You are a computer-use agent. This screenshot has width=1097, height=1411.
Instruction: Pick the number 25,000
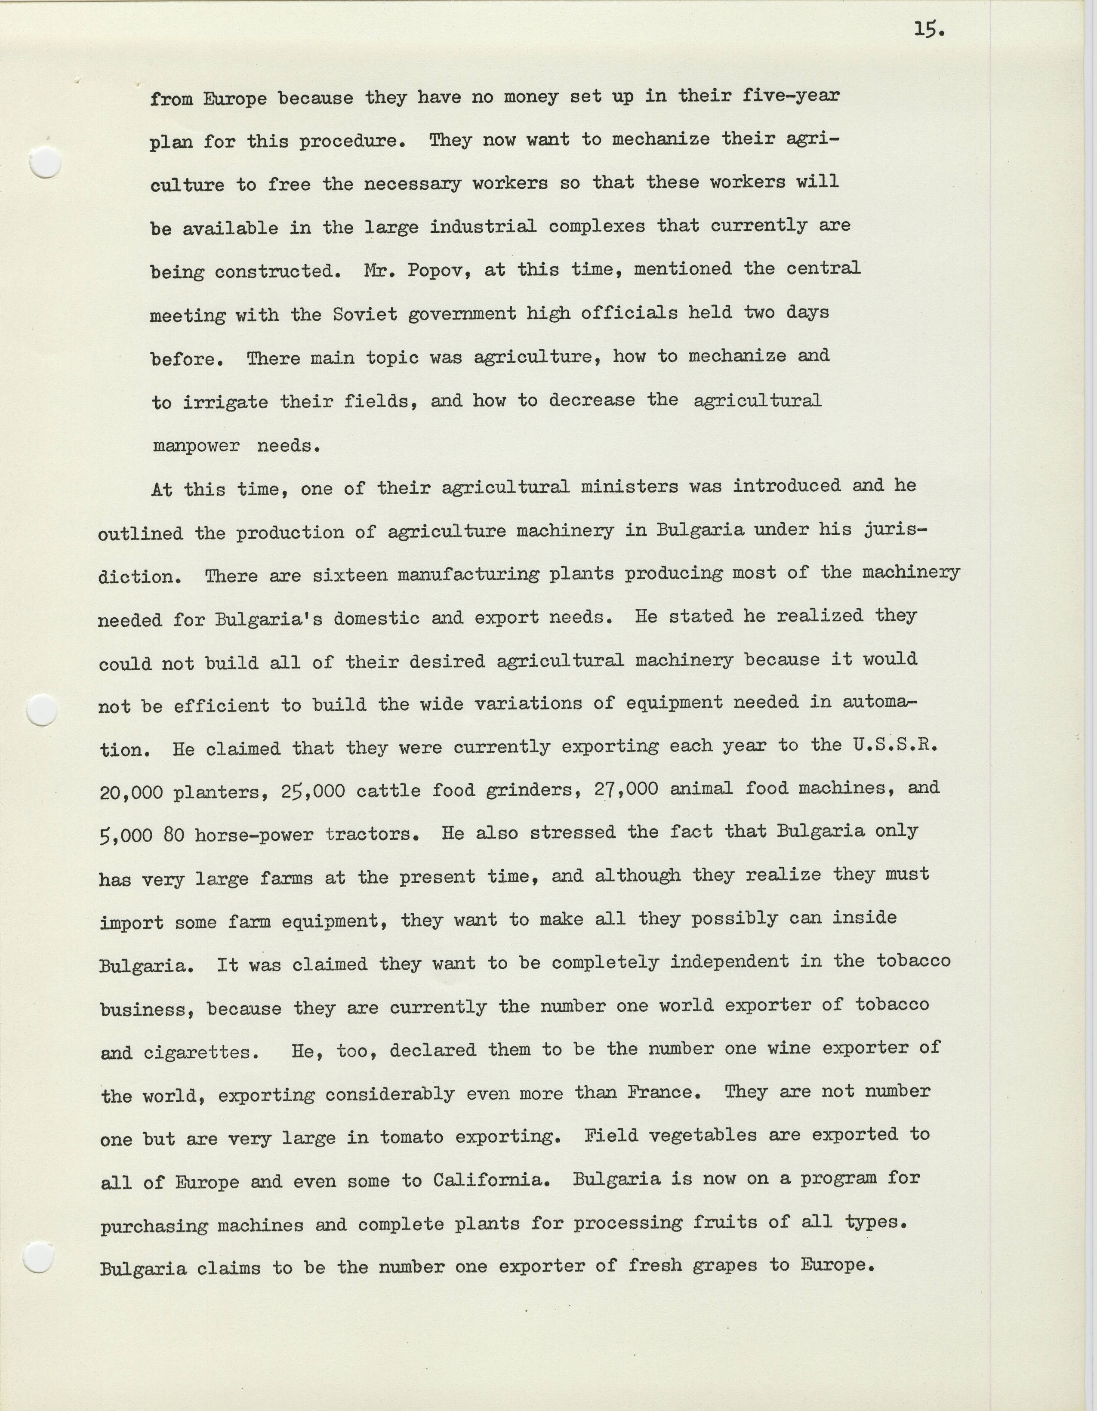pos(313,791)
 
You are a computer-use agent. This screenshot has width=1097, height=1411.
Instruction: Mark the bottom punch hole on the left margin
pos(38,1258)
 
